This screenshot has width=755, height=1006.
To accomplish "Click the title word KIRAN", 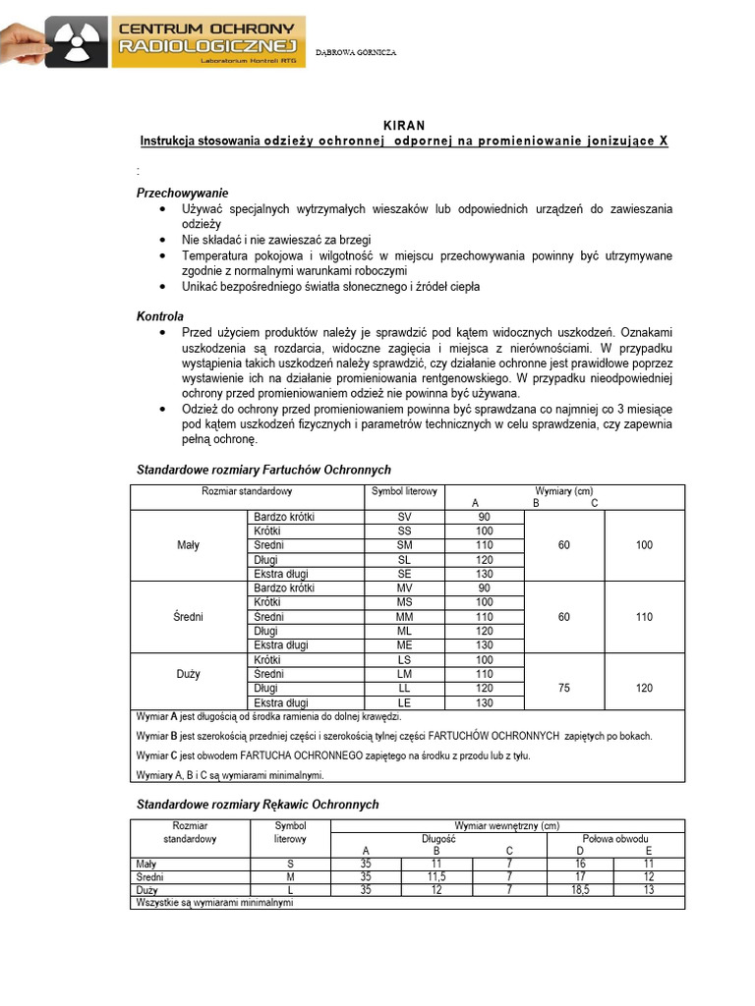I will click(x=404, y=125).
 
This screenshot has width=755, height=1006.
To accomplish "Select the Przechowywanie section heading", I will click(x=182, y=194).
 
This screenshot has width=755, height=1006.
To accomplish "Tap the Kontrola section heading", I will click(x=160, y=316).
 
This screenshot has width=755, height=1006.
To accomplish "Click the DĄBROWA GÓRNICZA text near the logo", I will click(x=356, y=52).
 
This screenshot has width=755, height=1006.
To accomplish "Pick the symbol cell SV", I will click(x=404, y=517).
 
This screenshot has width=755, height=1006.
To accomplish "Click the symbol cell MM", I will click(x=404, y=617).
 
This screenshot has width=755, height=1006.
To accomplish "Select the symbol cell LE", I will click(x=404, y=702).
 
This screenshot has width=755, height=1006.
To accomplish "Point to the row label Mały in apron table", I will click(x=187, y=546).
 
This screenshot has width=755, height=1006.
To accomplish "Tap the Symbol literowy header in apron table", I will click(x=404, y=491).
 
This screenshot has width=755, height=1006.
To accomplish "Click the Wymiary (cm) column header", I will click(x=563, y=490).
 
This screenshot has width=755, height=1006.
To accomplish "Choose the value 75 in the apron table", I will click(x=564, y=689).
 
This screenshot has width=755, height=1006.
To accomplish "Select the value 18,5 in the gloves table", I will click(x=578, y=889).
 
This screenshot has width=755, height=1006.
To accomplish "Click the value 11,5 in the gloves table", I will click(x=436, y=875).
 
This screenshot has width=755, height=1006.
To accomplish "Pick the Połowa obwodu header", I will click(x=615, y=838).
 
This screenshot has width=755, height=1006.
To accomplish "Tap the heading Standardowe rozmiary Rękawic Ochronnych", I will click(x=256, y=804).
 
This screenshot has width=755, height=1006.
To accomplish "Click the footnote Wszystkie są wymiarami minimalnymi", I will click(x=214, y=902).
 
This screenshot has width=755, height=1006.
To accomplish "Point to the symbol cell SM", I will click(x=404, y=545).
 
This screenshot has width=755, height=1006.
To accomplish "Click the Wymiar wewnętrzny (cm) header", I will click(x=506, y=825).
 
